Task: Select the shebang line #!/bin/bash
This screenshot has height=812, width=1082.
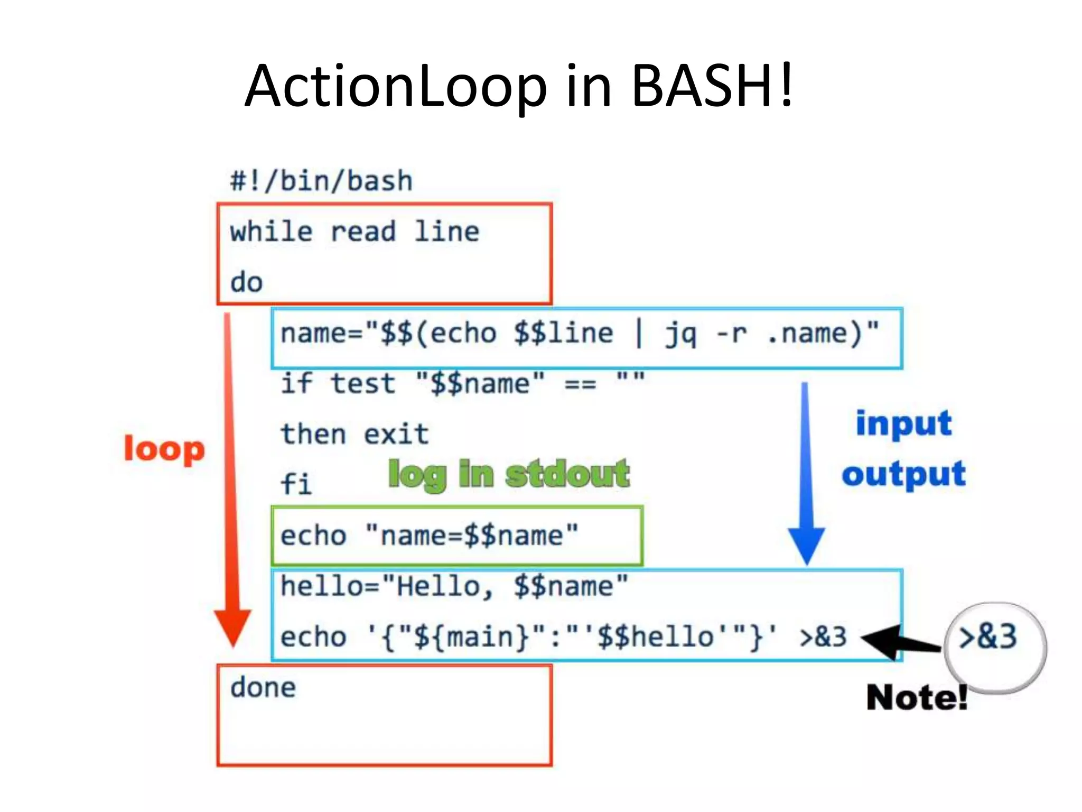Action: click(321, 181)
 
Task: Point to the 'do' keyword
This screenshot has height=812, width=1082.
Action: click(246, 282)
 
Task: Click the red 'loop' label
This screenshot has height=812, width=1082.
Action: click(164, 450)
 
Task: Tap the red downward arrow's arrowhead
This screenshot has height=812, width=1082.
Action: click(232, 626)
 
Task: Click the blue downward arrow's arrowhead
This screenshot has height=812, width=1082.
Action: click(806, 545)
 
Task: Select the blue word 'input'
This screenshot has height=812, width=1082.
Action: click(903, 423)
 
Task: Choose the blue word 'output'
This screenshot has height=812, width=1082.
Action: click(903, 474)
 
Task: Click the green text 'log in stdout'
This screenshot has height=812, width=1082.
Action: click(508, 474)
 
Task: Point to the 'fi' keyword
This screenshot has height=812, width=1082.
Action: click(296, 484)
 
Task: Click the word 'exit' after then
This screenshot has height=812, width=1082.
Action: click(396, 435)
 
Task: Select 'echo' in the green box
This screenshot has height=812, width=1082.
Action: click(313, 536)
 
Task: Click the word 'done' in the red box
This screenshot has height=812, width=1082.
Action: click(263, 688)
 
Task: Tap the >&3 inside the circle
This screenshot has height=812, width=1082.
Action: click(987, 636)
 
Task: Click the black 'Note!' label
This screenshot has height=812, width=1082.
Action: click(917, 698)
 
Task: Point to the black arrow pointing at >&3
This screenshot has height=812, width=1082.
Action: click(898, 641)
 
